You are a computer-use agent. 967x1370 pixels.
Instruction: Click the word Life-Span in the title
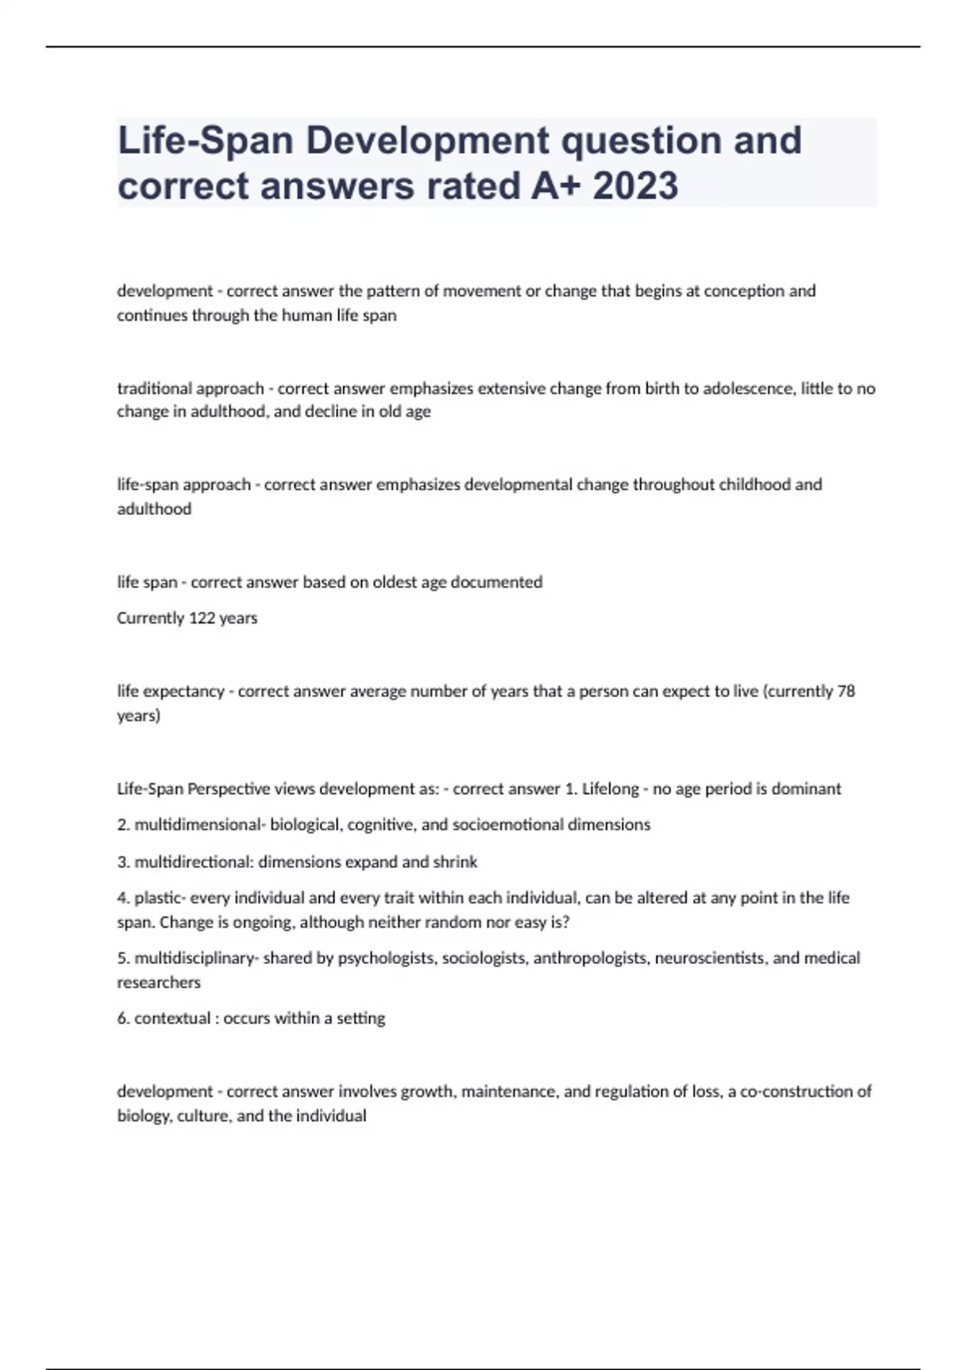pos(205,141)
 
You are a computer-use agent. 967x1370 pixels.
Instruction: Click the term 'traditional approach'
pos(190,388)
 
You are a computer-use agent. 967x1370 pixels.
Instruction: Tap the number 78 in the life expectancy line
pos(846,691)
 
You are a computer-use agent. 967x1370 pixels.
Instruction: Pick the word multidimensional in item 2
pos(197,825)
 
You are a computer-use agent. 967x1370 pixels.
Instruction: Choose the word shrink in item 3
pos(455,862)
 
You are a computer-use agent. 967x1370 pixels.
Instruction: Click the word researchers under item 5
pos(159,982)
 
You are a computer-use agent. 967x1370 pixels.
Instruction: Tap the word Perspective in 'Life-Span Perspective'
pos(228,789)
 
